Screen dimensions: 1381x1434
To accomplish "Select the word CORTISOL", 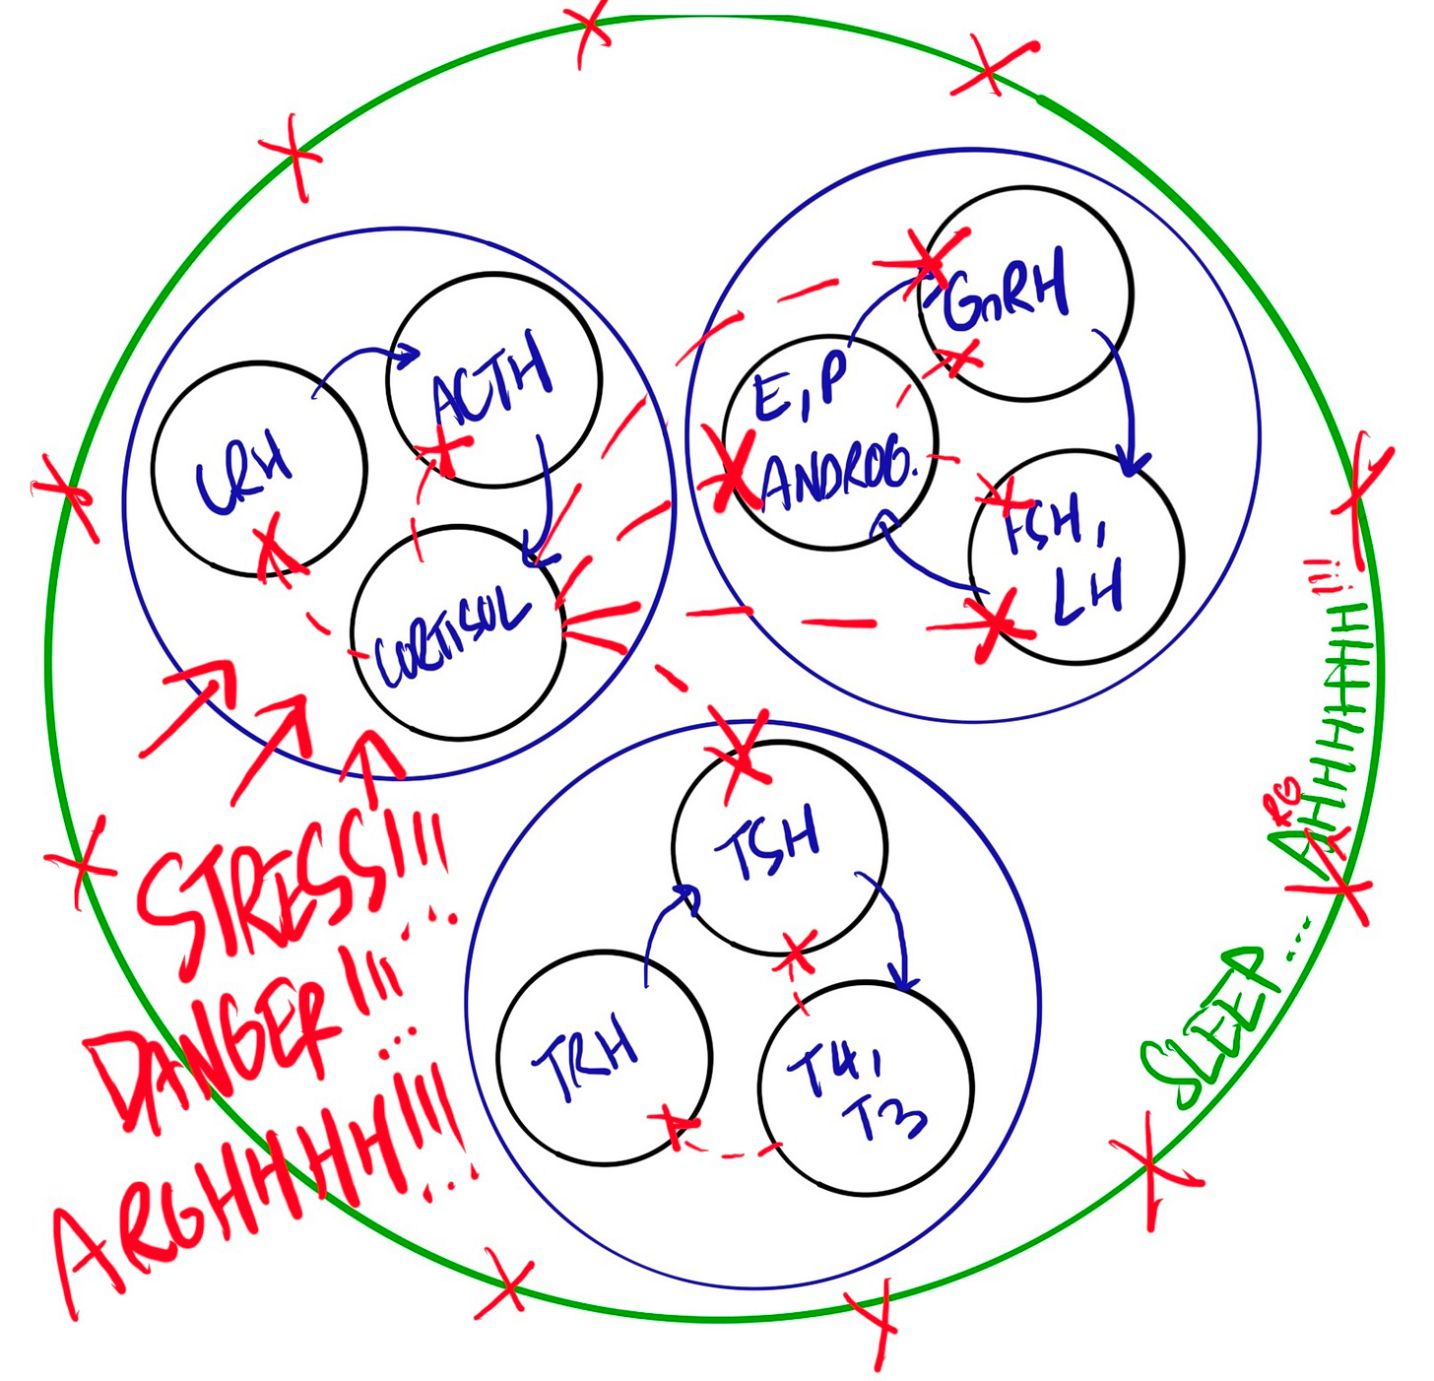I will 453,640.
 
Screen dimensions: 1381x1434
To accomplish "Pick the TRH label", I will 586,1059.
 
